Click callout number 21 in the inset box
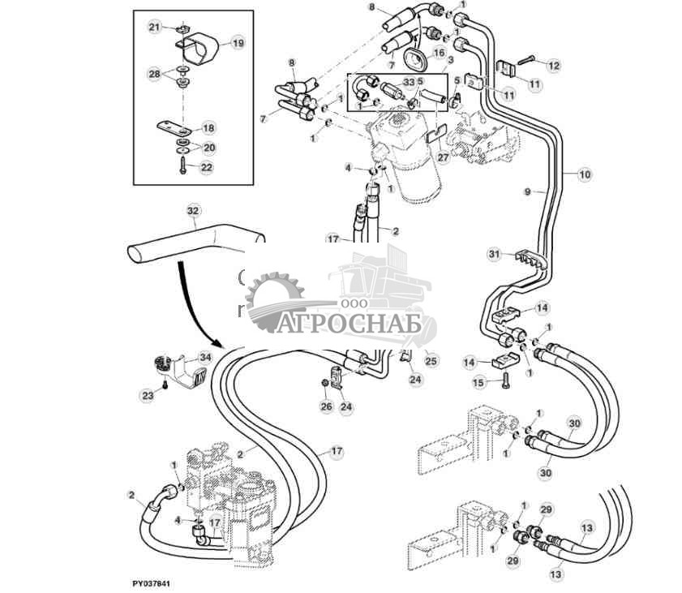coord(155,28)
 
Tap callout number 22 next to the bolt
coord(207,167)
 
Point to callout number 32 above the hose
coord(193,210)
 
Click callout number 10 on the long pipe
coord(585,173)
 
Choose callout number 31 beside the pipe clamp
coord(494,255)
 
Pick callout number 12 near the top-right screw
coord(553,65)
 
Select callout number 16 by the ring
coord(439,53)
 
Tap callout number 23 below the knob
coord(148,396)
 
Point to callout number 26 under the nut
coord(326,406)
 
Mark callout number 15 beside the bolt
coord(478,381)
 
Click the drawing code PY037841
coord(153,583)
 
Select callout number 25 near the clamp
coord(431,360)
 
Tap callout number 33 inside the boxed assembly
coord(408,83)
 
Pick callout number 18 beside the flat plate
coord(208,128)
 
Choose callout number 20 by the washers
coord(208,148)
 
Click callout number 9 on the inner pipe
coord(527,191)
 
